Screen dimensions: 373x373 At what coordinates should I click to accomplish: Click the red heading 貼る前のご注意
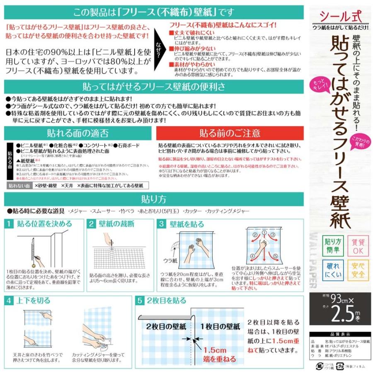[230, 133]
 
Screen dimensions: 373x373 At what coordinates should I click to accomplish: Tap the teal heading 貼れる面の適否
[78, 133]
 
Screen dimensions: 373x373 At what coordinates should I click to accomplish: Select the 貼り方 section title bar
[154, 198]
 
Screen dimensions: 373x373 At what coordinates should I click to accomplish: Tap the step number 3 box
[162, 224]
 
